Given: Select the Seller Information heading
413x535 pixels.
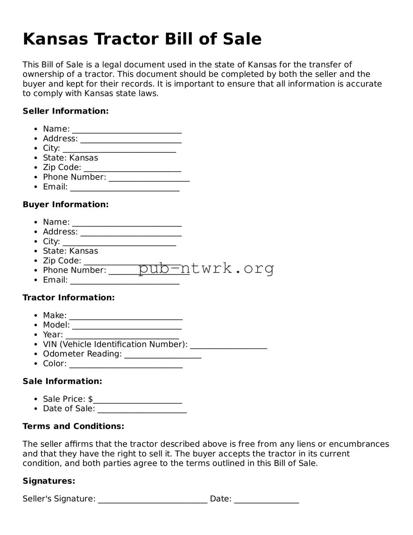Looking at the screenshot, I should click(x=65, y=111).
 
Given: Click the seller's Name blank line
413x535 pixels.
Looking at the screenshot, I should click(x=127, y=131).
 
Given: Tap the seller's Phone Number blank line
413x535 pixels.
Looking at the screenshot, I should click(x=149, y=180).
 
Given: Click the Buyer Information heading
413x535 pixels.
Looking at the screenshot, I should click(x=65, y=205).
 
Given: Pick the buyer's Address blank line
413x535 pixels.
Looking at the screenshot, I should click(x=131, y=234).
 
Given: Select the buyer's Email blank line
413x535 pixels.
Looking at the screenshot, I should click(x=124, y=282).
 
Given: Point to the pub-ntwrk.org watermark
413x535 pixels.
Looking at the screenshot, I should click(x=206, y=268).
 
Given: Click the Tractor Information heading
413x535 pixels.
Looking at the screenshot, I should click(x=69, y=298).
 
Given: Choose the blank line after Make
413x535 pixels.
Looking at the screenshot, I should click(x=126, y=318).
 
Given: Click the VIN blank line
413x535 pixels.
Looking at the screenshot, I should click(x=229, y=347).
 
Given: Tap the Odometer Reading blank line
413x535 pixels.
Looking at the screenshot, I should click(x=163, y=356).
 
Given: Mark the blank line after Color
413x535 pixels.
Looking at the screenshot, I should click(x=126, y=366).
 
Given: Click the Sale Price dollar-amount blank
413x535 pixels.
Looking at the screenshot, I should click(x=138, y=401).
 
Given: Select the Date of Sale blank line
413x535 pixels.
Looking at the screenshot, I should click(x=142, y=411).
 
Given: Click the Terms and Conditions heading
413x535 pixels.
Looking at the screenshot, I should click(x=73, y=426).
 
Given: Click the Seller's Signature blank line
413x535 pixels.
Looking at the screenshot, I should click(x=153, y=501).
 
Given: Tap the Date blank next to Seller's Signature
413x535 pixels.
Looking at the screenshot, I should click(x=267, y=501).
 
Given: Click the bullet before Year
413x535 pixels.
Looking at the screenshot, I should click(x=36, y=335).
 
